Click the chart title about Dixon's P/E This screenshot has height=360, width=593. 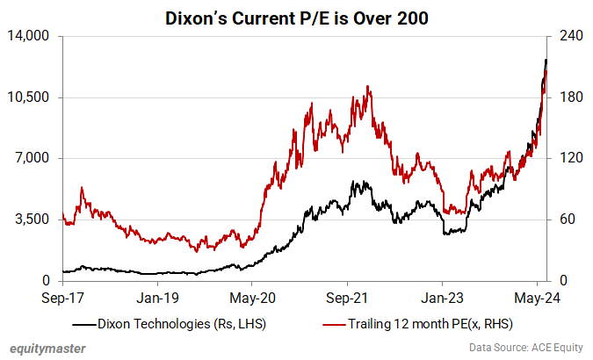click(297, 17)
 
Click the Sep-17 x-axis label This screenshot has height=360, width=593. click(62, 297)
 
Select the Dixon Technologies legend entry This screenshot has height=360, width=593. click(181, 324)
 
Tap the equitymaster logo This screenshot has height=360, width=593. click(48, 349)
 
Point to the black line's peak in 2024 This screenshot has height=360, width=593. click(546, 60)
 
